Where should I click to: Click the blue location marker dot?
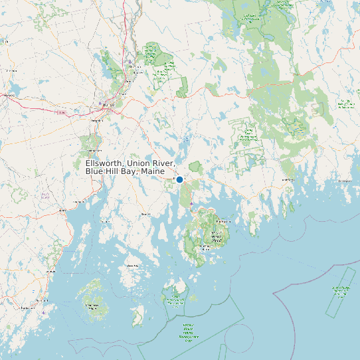tap(179, 179)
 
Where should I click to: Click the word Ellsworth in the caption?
tap(105, 163)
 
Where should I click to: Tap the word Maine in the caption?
tap(152, 172)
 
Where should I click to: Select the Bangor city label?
tap(108, 104)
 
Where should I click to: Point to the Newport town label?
tap(9, 95)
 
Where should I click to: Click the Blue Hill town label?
tap(146, 215)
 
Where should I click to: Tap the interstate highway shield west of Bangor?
tap(60, 112)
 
